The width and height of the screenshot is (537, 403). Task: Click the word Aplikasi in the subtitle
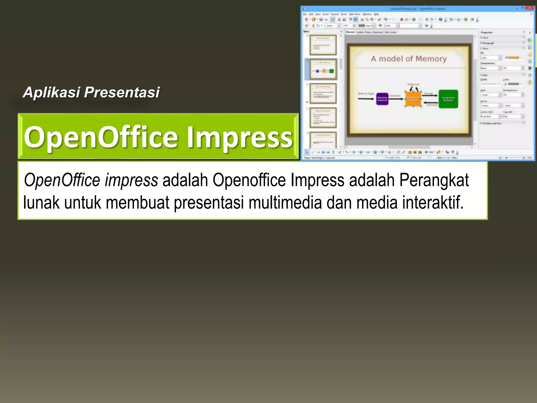pos(51,92)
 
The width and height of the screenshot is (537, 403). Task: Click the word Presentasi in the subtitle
pos(122,92)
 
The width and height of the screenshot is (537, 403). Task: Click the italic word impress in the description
pos(131,180)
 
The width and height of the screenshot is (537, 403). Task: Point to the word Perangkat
pos(434,180)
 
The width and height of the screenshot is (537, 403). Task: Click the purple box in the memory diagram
pos(382,99)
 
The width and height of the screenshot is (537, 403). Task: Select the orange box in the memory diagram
pos(413,99)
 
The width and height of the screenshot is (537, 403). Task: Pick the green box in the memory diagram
pos(448,99)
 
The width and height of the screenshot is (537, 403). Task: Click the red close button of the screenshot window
pos(530,8)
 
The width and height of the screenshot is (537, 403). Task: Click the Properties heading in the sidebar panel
pos(486,32)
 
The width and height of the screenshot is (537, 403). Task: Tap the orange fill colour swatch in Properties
pos(513,57)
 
